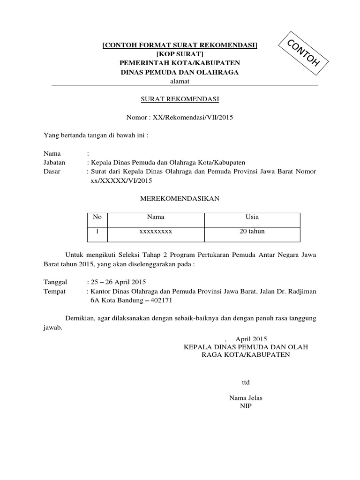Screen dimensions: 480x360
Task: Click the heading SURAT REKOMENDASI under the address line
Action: [x=180, y=99]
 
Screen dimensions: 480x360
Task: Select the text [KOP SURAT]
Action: [x=180, y=54]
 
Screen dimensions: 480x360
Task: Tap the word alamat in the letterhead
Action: [x=180, y=81]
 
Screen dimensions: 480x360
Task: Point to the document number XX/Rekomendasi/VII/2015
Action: [x=194, y=117]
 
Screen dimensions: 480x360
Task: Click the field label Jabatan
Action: [x=54, y=162]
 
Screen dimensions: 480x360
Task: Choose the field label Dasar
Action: [x=52, y=172]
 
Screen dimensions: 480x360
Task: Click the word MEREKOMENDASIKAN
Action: [x=180, y=199]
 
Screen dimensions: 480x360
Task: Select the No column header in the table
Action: [x=97, y=217]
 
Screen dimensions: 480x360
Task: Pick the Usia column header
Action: [x=252, y=217]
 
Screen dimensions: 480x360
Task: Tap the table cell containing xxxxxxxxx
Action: [x=156, y=231]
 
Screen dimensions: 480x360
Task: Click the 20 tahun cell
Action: [x=252, y=231]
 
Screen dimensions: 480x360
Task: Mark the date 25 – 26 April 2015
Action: [x=119, y=282]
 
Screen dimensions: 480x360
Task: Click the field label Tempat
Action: [x=55, y=291]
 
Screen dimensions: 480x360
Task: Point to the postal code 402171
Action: [x=162, y=300]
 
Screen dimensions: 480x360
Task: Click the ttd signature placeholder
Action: [x=246, y=382]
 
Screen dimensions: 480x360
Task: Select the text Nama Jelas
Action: [x=246, y=398]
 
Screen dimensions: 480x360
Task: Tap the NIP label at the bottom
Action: [x=246, y=406]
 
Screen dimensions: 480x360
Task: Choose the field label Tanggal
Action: [x=56, y=282]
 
